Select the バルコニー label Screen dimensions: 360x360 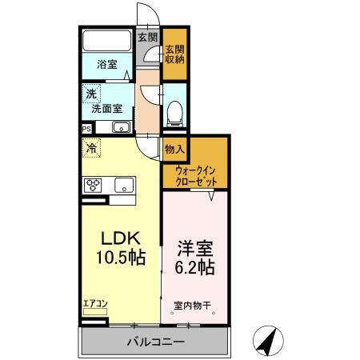155,342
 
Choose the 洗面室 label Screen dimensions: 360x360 106,107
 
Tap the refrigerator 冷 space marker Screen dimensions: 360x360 92,148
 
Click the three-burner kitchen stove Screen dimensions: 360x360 94,186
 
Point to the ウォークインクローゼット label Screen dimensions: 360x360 196,175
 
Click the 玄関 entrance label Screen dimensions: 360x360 147,37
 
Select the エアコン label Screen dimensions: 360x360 94,304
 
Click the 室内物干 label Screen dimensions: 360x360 191,305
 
